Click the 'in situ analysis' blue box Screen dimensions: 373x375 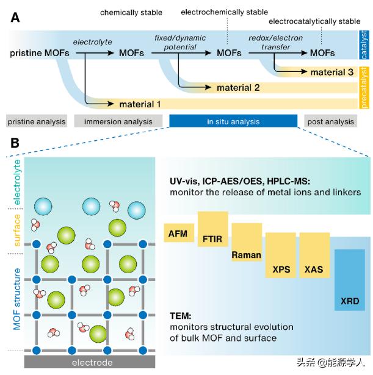click(x=233, y=121)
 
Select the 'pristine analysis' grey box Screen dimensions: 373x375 click(x=37, y=121)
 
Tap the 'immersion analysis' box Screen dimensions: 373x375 click(x=118, y=121)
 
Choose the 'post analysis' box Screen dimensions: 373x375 click(x=330, y=121)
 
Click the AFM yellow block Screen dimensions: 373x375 click(x=179, y=233)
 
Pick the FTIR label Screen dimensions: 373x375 click(x=212, y=239)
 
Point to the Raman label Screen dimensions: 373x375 click(x=247, y=255)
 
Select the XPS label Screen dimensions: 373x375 click(x=281, y=270)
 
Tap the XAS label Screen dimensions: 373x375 click(x=314, y=270)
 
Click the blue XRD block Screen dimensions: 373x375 click(x=350, y=280)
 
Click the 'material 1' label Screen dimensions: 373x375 click(x=140, y=104)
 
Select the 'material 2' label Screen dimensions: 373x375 click(x=238, y=88)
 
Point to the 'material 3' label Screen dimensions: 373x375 click(x=332, y=72)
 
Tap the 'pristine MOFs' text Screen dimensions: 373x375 click(x=40, y=53)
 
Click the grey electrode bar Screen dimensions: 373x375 click(x=90, y=362)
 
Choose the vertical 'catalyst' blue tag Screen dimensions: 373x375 click(x=363, y=45)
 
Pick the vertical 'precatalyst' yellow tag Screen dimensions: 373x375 click(x=363, y=88)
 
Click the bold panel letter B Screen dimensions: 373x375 click(x=15, y=143)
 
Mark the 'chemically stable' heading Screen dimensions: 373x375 click(x=131, y=12)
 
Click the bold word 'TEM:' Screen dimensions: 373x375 click(x=181, y=316)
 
